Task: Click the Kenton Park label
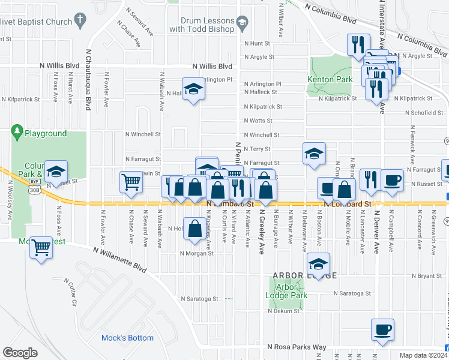[x=330, y=79]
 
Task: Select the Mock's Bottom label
[x=127, y=338]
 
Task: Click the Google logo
[x=20, y=353]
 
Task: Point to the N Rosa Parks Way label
[x=297, y=347]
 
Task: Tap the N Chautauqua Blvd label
[x=88, y=80]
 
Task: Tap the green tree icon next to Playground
[x=17, y=131]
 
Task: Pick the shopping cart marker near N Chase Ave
[x=131, y=181]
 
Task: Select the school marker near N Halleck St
[x=193, y=89]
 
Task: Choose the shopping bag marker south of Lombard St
[x=194, y=229]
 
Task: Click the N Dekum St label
[x=283, y=311]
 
